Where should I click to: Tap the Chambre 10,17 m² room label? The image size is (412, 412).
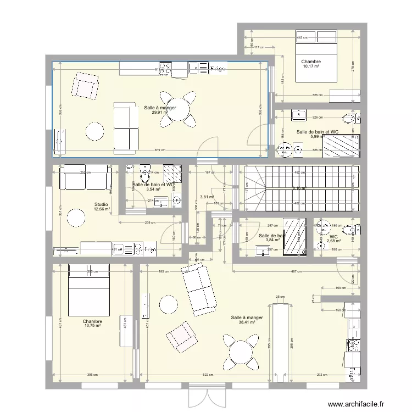(311, 64)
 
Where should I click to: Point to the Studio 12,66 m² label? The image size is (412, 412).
(102, 207)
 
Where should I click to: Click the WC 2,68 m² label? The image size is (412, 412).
(333, 238)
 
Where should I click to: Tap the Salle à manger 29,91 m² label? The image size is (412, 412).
(160, 110)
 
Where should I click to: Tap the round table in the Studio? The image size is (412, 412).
(77, 218)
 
